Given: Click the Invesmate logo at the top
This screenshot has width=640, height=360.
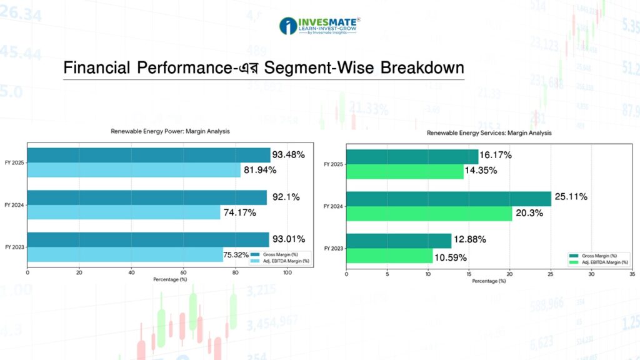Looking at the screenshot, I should tap(319, 26).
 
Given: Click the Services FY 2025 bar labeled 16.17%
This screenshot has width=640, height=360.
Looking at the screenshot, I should tap(412, 156).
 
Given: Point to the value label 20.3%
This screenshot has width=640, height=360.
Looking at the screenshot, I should tap(529, 213).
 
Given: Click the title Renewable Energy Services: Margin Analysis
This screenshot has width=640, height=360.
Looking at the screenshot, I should tap(489, 132).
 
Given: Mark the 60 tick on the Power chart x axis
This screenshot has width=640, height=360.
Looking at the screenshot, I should tap(183, 273).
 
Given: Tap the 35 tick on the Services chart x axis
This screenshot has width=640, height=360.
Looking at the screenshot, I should tap(632, 274).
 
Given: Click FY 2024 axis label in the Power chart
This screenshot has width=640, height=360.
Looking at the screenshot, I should tap(14, 205).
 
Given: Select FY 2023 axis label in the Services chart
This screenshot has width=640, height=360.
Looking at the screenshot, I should tap(333, 249).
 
